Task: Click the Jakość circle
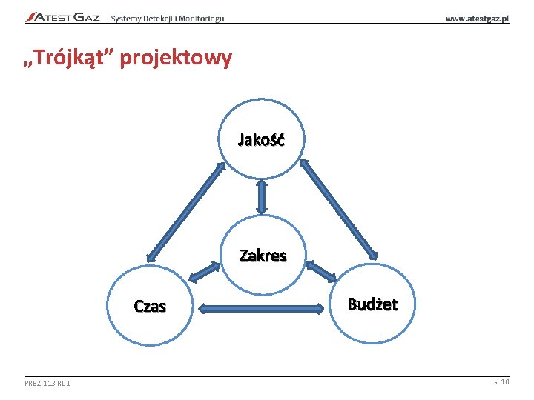261,139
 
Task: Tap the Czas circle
150,305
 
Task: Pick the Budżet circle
373,304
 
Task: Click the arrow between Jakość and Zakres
262,196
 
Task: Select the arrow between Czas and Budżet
261,307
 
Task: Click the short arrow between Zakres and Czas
205,273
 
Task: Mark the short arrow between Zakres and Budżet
320,271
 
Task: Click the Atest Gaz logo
62,17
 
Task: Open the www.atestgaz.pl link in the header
477,18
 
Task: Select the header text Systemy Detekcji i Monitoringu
168,18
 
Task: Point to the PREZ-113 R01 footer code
47,382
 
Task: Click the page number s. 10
501,381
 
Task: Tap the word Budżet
373,304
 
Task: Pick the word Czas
150,306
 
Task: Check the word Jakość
261,139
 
